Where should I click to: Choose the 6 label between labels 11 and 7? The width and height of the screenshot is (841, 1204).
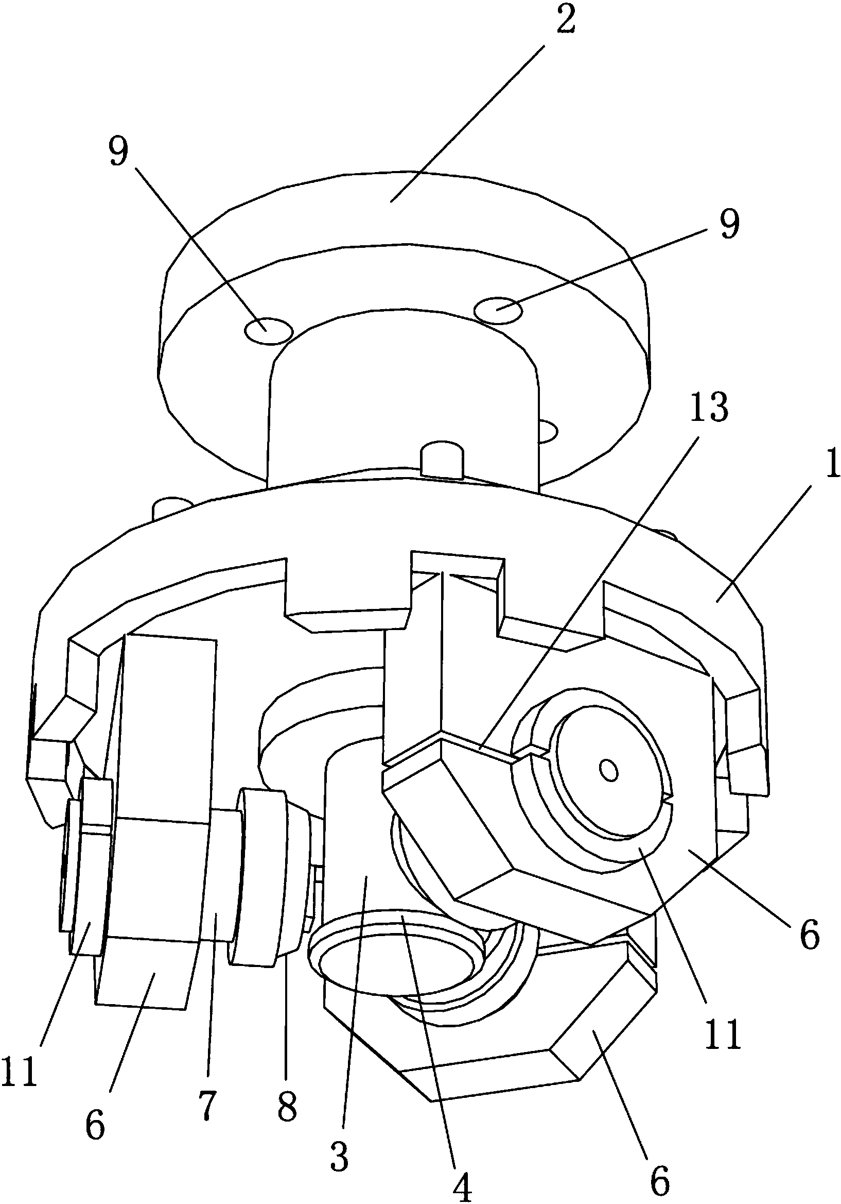click(x=95, y=1125)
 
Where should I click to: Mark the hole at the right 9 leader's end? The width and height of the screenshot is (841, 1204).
click(x=498, y=310)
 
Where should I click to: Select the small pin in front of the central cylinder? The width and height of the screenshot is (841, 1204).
click(x=443, y=460)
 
